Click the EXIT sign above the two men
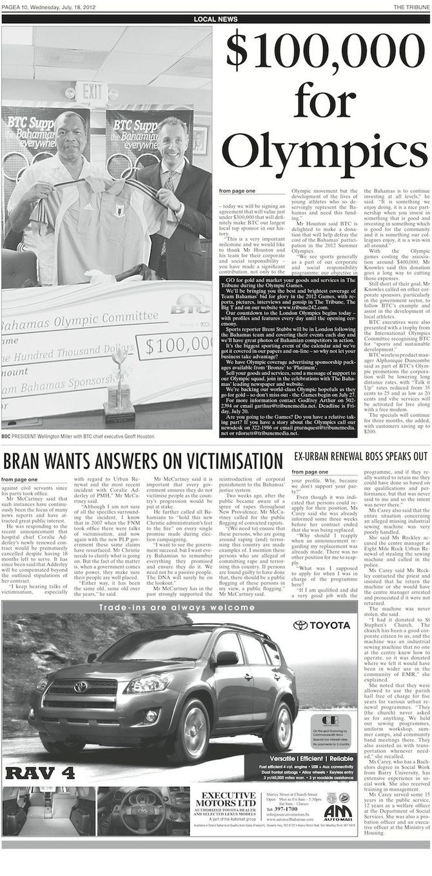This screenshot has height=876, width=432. coord(93,90)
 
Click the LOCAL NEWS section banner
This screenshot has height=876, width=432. coord(215,20)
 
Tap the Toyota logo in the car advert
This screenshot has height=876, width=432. coord(322,625)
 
